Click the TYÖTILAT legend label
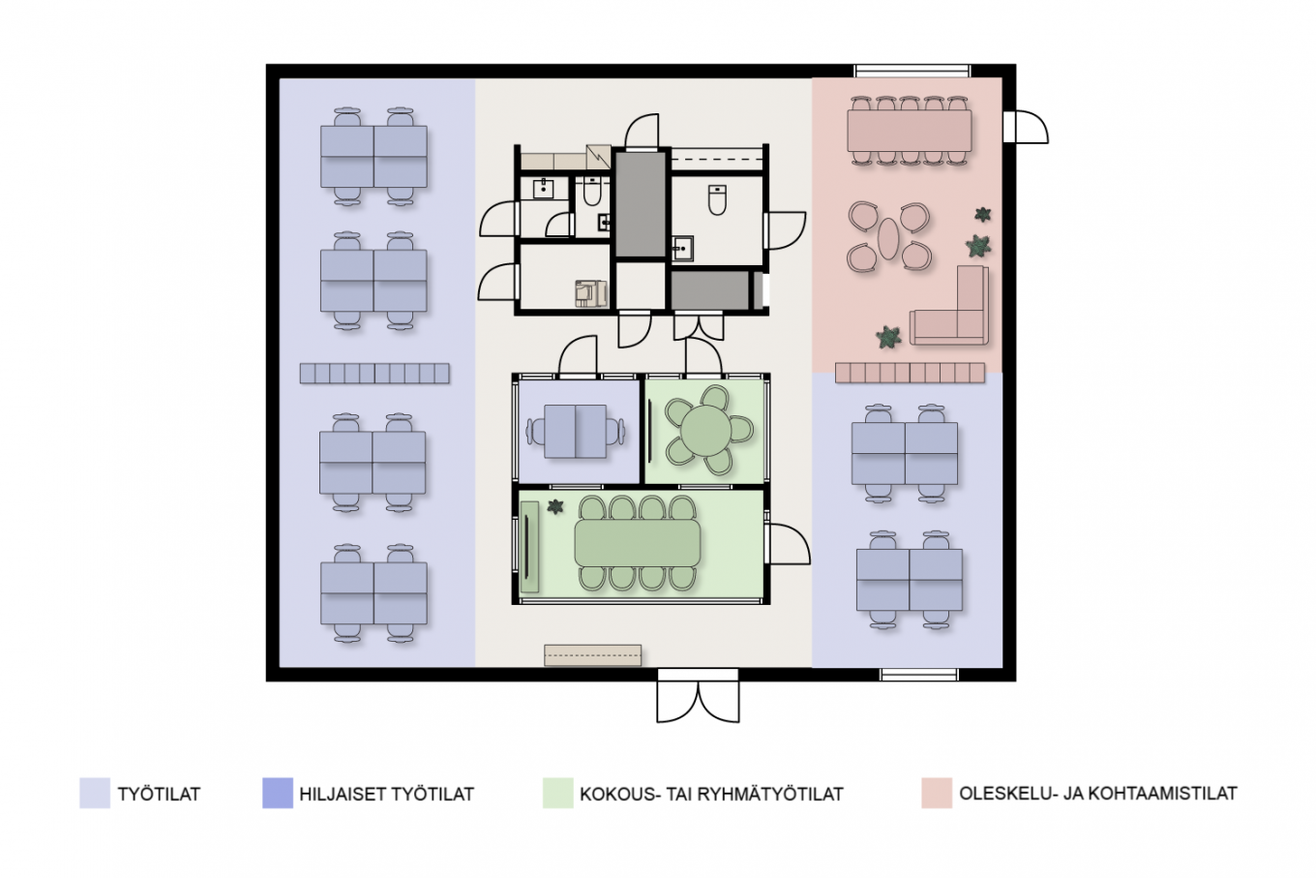point(159,794)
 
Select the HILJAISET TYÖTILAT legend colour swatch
point(278,793)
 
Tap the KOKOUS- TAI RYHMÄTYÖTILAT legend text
point(711,794)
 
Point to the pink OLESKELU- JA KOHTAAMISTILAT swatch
point(937,793)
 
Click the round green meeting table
point(705,430)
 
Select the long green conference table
point(638,542)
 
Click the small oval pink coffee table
point(887,238)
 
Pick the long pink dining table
point(909,131)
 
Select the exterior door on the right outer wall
point(1025,127)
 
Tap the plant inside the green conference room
point(555,506)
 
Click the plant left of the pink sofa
point(888,337)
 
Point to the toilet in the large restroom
point(717,199)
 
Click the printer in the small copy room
point(591,292)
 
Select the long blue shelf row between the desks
point(374,374)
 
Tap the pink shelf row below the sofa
point(910,373)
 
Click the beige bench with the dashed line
point(592,654)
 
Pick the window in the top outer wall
point(912,71)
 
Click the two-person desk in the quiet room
point(575,431)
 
